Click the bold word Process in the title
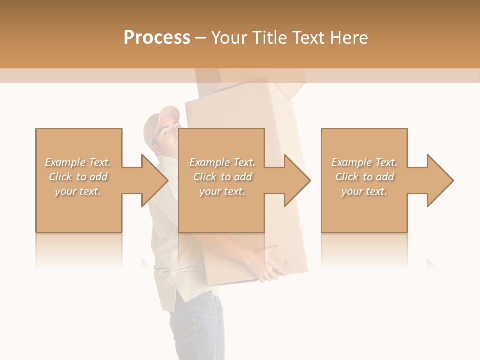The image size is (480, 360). point(157,38)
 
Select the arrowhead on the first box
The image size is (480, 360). point(152,180)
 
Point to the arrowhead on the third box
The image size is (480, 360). point(438,180)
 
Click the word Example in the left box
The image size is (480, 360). point(65,162)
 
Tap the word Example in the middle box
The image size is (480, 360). point(209,162)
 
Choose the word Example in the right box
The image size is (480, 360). point(351,162)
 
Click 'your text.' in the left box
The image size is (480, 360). point(78,191)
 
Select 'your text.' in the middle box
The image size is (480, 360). point(222,191)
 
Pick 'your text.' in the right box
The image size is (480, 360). point(364,191)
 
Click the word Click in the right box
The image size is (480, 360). point(347,177)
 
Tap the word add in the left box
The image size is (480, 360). point(99,177)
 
